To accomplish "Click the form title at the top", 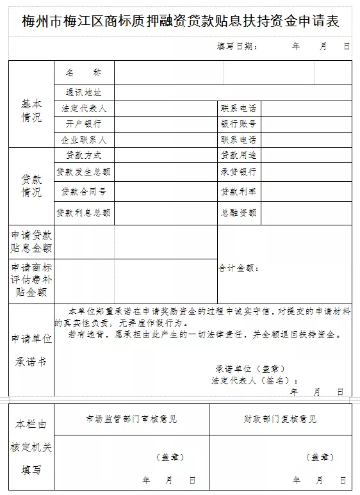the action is [x=180, y=21].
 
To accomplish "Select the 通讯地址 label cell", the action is [x=84, y=93].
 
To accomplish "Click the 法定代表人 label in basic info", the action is [x=84, y=108].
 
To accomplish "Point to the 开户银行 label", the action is [x=84, y=124].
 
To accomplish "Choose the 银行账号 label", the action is [x=239, y=124].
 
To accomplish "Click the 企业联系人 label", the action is [x=84, y=139].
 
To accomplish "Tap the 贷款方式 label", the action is [x=84, y=155].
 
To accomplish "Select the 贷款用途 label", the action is [x=239, y=155].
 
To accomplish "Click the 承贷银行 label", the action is [x=239, y=172].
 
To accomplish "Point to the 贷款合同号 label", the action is [x=84, y=191].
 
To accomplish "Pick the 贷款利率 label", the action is [x=239, y=191].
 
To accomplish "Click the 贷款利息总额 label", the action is [x=84, y=213].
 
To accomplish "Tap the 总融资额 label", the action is [x=239, y=213].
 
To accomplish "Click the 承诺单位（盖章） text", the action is [x=250, y=369].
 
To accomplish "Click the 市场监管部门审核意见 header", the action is [x=131, y=419].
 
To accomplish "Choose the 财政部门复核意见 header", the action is [x=280, y=419].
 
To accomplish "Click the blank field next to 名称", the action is [x=168, y=73].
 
